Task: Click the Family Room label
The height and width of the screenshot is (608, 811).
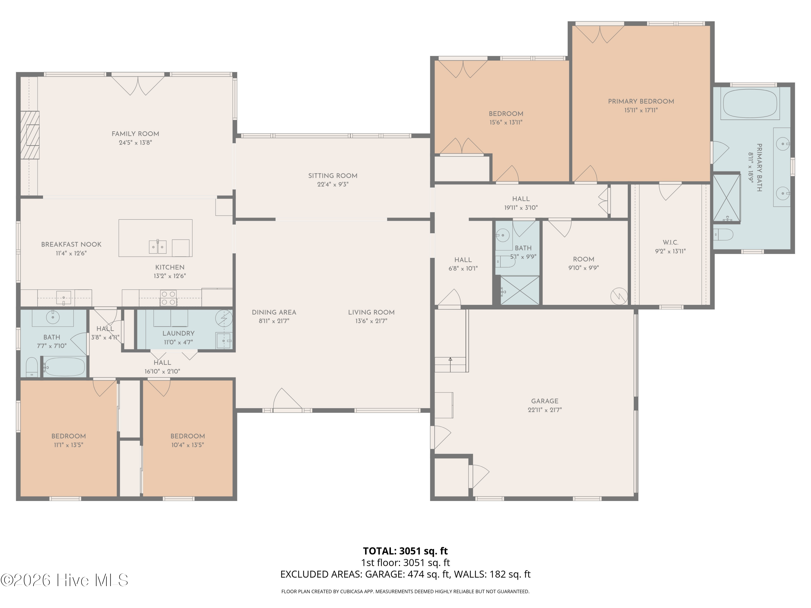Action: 135,134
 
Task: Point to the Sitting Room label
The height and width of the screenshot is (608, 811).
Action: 333,176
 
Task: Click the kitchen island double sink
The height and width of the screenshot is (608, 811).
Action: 158,247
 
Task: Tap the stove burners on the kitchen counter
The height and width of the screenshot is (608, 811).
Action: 168,298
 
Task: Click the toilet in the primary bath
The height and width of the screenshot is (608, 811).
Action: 723,234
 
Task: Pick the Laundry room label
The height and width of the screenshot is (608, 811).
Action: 178,333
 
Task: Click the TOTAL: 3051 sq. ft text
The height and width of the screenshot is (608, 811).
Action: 405,551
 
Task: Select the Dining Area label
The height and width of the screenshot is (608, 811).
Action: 274,312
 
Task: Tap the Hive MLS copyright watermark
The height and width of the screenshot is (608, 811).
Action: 64,580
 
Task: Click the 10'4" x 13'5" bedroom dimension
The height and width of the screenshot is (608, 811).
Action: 187,445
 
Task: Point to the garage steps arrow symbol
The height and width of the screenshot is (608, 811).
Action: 450,359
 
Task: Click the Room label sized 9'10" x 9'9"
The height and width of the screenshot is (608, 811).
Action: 583,259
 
